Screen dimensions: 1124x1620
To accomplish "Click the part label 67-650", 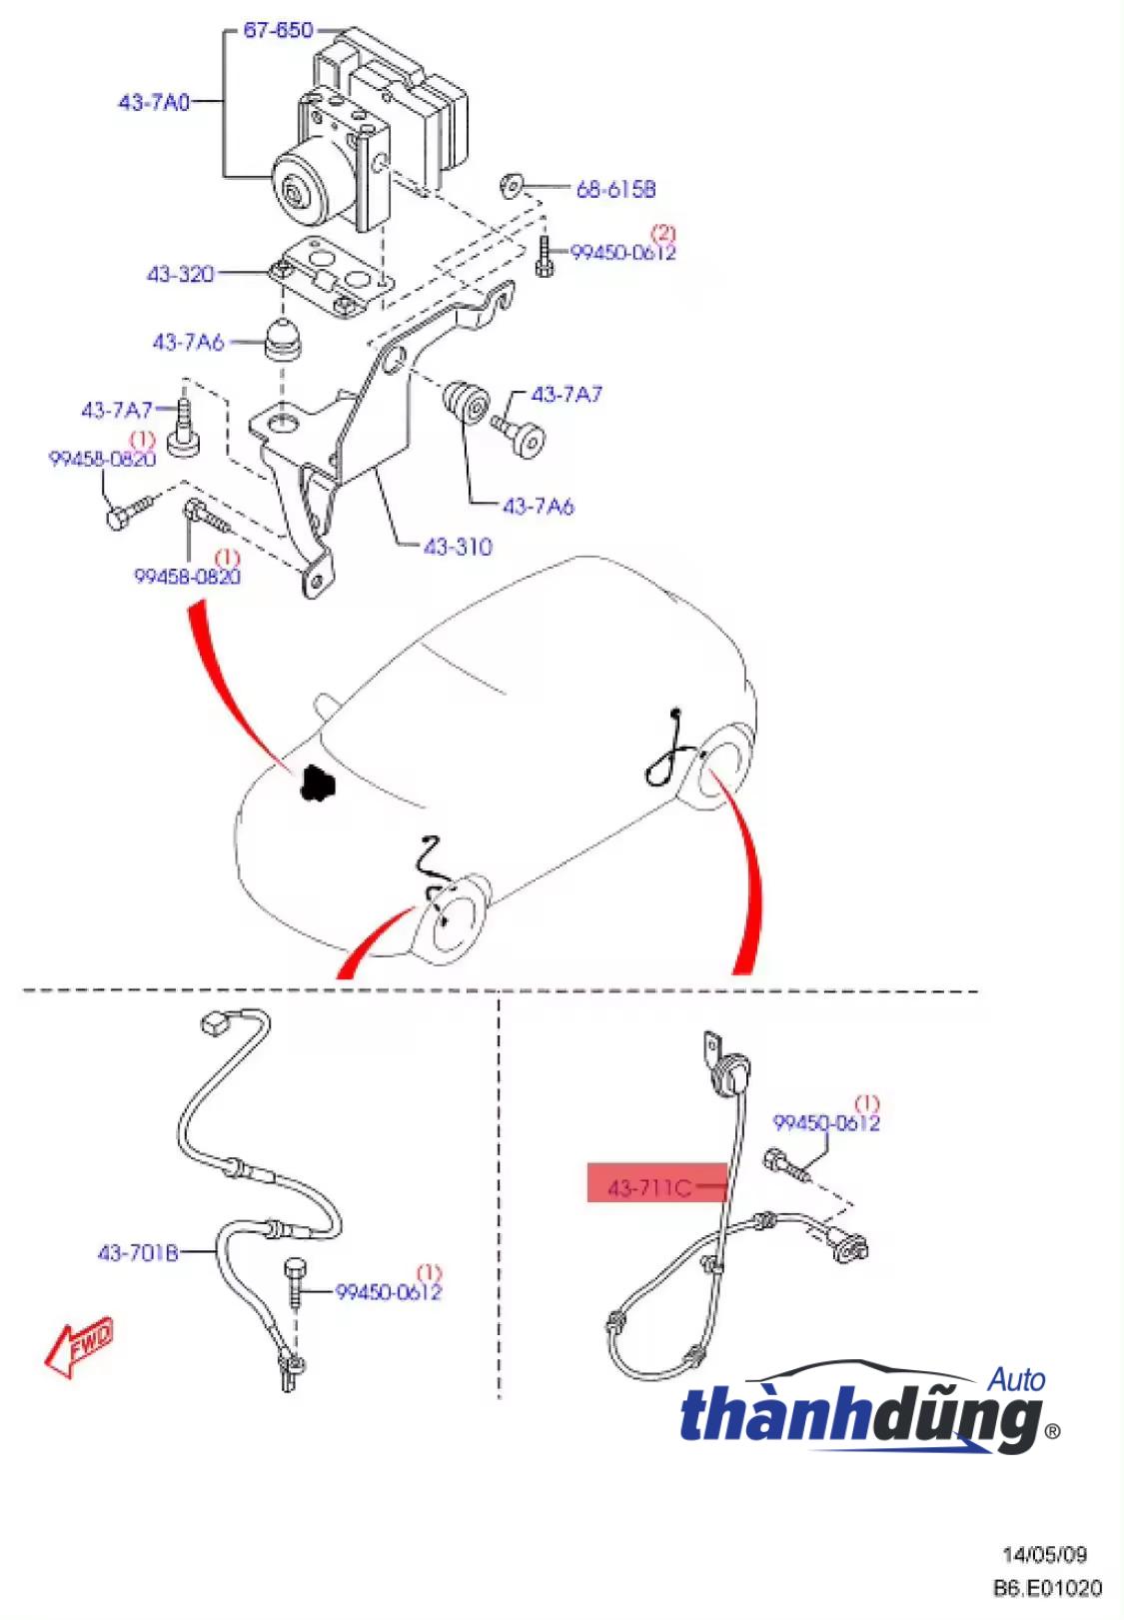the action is [279, 30].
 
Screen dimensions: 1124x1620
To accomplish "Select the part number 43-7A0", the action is [154, 102].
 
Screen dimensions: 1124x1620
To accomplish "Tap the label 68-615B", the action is [615, 189].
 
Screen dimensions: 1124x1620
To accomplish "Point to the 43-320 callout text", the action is [181, 274].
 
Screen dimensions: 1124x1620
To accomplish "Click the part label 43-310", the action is [458, 547].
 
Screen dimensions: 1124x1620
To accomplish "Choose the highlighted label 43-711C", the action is [649, 1187].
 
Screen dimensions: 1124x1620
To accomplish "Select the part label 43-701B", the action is [137, 1252].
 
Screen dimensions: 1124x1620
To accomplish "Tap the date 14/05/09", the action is [1044, 1554].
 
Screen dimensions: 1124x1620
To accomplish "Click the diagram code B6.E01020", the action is [1047, 1588].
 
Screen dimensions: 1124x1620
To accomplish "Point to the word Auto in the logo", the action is [1016, 1380].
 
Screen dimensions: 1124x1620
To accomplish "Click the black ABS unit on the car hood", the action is [317, 783].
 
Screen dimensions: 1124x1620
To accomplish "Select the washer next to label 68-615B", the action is [511, 185].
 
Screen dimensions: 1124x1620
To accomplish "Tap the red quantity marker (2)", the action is [662, 234].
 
